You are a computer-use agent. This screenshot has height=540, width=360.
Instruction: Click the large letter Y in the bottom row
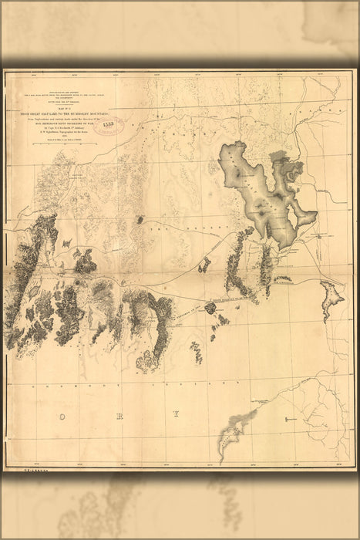[176, 414]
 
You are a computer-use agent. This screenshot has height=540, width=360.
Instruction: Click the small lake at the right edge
[332, 297]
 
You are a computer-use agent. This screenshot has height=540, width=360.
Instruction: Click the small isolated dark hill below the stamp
[140, 220]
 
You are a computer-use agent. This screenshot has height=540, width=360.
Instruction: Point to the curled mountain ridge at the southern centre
[146, 359]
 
